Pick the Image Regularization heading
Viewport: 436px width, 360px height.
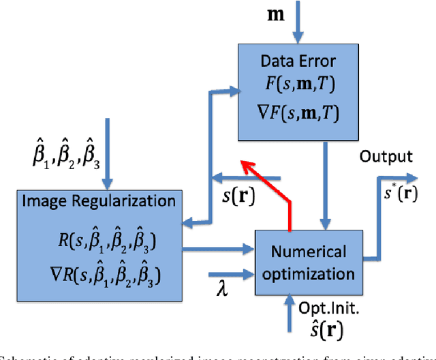pyautogui.click(x=99, y=201)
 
